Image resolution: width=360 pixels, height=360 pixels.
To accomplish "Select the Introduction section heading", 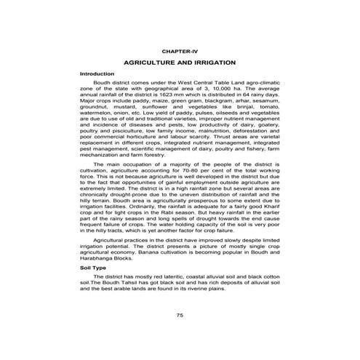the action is [x=97, y=74].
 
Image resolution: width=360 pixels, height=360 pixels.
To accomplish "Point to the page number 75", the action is [x=180, y=314].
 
